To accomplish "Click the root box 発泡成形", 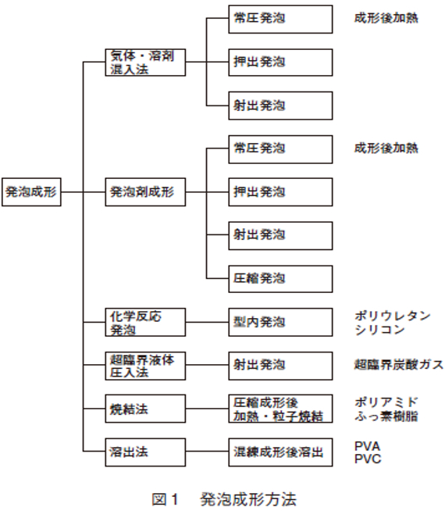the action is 31,192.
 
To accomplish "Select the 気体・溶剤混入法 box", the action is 145,63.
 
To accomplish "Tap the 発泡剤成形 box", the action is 145,192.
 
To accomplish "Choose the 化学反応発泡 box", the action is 145,322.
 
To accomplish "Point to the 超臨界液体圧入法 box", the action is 145,366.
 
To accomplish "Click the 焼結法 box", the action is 145,409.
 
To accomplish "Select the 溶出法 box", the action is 145,452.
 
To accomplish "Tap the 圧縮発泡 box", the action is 280,279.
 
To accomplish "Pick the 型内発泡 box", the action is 280,322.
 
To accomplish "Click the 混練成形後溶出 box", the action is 280,452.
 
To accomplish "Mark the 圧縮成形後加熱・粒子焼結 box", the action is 280,409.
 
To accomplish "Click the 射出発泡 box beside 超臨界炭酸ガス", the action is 280,366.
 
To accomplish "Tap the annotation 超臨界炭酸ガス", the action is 399,364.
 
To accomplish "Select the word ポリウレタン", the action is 393,316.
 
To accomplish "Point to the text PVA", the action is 367,446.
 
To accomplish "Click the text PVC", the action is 368,459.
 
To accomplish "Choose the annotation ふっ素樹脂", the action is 386,416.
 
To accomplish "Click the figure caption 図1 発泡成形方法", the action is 224,499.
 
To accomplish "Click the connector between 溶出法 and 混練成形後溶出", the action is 207,452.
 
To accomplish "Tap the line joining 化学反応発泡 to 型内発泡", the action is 207,322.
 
